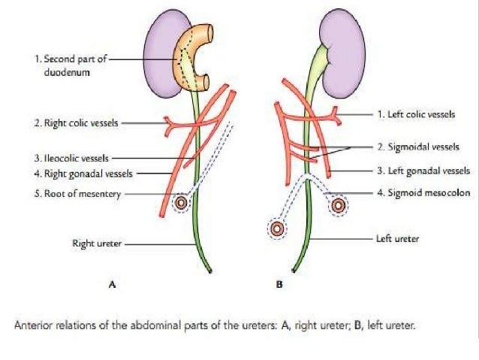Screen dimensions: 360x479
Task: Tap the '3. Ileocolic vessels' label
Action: pyautogui.click(x=72, y=159)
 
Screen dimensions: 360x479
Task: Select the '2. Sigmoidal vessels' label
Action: pyautogui.click(x=417, y=147)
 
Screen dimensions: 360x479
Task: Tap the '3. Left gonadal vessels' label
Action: pyautogui.click(x=422, y=171)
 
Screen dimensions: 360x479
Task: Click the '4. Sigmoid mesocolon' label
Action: pyautogui.click(x=419, y=193)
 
